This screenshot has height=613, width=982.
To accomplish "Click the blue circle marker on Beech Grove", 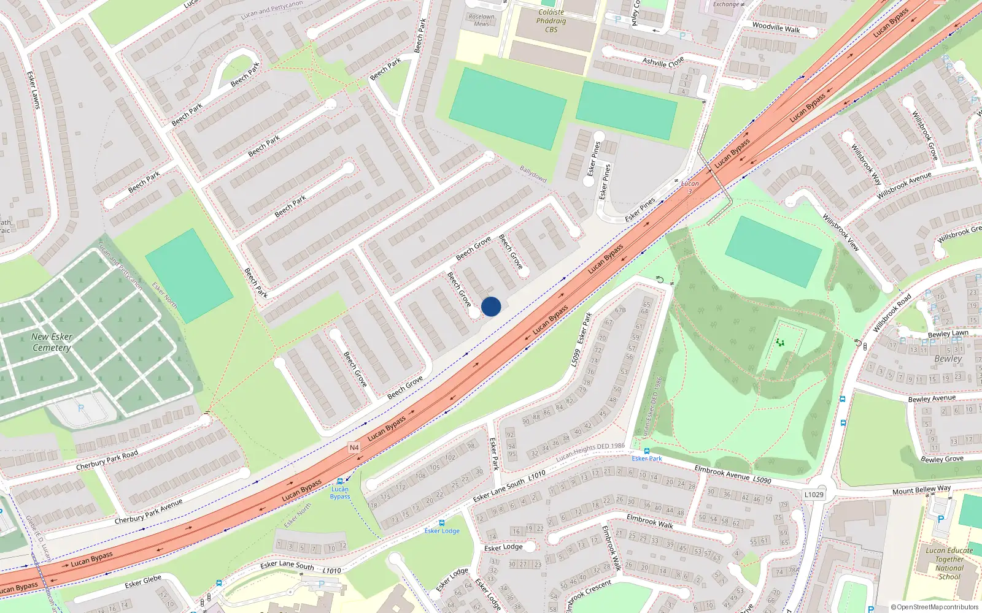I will pyautogui.click(x=491, y=306).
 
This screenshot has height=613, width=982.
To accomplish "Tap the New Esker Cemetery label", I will pyautogui.click(x=52, y=342).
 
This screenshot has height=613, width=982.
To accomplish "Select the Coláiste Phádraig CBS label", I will pyautogui.click(x=551, y=21).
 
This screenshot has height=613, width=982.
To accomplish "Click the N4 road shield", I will pyautogui.click(x=354, y=447).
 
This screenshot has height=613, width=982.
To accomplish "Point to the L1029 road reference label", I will pyautogui.click(x=814, y=495).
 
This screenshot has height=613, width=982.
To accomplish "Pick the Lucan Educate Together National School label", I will pyautogui.click(x=949, y=563).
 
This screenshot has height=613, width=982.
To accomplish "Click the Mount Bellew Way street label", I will pyautogui.click(x=921, y=490).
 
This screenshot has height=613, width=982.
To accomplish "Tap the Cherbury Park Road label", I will pyautogui.click(x=107, y=460).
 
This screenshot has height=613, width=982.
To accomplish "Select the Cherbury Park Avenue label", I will pyautogui.click(x=149, y=511).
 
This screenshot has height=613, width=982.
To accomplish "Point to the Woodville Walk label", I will pyautogui.click(x=776, y=28).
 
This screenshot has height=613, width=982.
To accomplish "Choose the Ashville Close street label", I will pyautogui.click(x=663, y=62).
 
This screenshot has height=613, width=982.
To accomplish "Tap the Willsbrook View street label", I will pyautogui.click(x=840, y=232).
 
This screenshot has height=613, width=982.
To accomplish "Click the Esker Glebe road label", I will pyautogui.click(x=143, y=581).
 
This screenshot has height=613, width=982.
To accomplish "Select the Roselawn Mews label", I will pyautogui.click(x=481, y=20).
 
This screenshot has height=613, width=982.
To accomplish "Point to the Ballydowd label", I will pyautogui.click(x=533, y=173).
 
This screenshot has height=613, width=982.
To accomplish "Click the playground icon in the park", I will pyautogui.click(x=780, y=342).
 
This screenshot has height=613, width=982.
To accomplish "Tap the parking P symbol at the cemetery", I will pyautogui.click(x=80, y=408).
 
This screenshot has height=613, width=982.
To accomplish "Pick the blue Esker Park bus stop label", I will pyautogui.click(x=647, y=458).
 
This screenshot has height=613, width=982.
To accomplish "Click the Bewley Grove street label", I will pyautogui.click(x=941, y=459).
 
